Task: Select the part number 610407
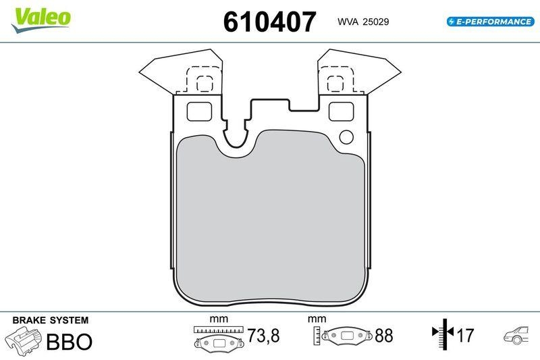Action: [x=269, y=22]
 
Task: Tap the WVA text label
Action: [x=348, y=22]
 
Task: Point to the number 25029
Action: [x=375, y=22]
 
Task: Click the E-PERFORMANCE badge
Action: [x=490, y=22]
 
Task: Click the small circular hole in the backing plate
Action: [x=346, y=136]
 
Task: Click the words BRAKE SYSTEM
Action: [x=51, y=320]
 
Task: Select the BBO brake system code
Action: [x=68, y=341]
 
